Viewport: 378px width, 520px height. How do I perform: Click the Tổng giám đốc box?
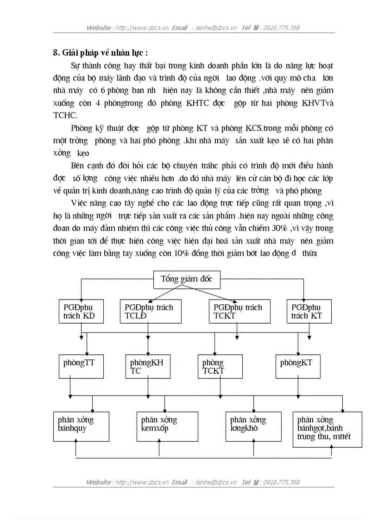click(x=187, y=279)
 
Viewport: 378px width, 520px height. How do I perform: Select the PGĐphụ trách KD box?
click(x=81, y=311)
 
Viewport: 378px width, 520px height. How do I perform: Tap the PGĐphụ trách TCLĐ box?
click(x=149, y=311)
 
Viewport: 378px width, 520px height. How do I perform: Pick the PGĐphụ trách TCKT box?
click(x=239, y=311)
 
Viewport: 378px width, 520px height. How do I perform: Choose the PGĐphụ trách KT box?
click(x=307, y=311)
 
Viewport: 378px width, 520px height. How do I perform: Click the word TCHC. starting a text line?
click(x=65, y=115)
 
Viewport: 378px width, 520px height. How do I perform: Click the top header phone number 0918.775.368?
click(x=281, y=28)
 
